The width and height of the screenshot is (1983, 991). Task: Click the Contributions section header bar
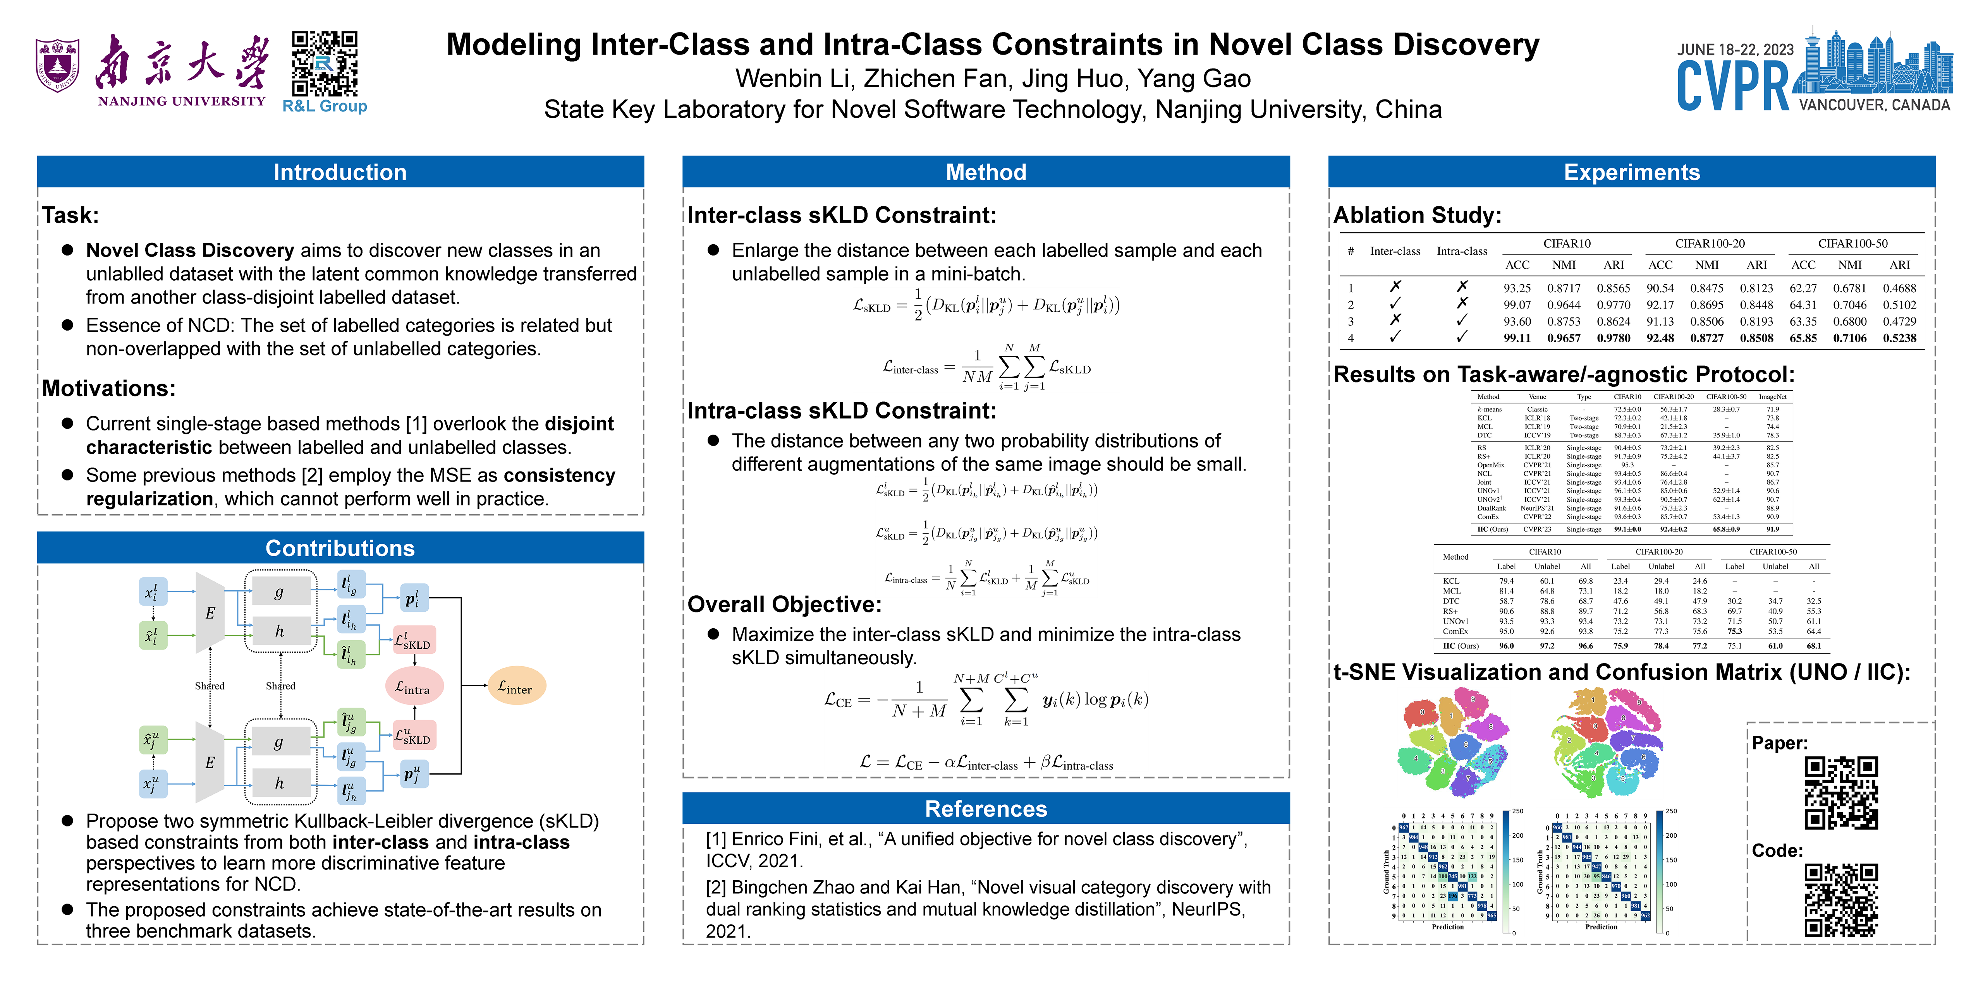click(340, 548)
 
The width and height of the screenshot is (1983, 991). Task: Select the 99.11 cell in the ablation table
click(1517, 338)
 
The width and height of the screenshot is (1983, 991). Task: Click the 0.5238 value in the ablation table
click(1899, 338)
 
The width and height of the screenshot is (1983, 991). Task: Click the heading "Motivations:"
click(108, 389)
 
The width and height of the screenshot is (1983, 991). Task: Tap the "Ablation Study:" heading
click(1417, 216)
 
